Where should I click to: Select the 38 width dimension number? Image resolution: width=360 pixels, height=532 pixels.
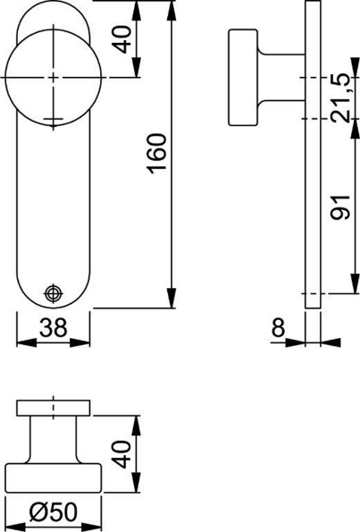[x=54, y=329]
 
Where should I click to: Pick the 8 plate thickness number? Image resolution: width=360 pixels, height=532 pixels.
[x=278, y=329]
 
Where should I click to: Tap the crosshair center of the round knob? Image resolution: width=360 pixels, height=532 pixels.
[x=54, y=78]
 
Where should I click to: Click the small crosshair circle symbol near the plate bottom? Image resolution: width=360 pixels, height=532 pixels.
[x=54, y=292]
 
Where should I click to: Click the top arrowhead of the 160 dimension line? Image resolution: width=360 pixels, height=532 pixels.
[x=169, y=7]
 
